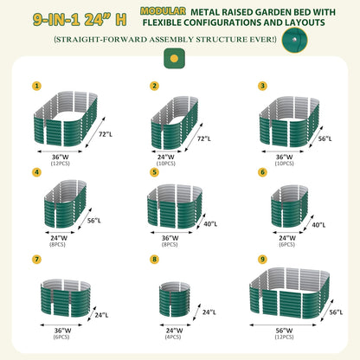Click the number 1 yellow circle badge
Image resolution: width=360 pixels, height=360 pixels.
[x=35, y=86]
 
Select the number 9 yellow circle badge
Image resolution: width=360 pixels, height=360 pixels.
[x=262, y=258]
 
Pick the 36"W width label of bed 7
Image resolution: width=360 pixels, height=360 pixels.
[x=60, y=330]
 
